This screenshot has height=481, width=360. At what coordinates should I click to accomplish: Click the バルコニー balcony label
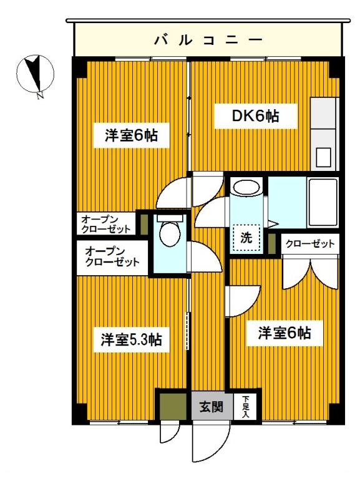(208, 41)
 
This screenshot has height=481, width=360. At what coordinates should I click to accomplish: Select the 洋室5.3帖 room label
(132, 340)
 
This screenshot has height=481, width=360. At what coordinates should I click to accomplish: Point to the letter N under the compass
(40, 96)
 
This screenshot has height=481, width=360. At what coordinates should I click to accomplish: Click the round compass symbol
(34, 73)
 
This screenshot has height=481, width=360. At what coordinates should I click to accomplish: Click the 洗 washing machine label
(246, 237)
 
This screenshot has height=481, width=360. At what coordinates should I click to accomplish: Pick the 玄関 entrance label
(211, 408)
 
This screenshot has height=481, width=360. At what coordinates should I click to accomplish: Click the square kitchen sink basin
(324, 157)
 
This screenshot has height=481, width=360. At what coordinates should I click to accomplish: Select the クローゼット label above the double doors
(310, 243)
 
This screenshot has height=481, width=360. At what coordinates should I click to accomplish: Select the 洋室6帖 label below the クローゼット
(285, 333)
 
